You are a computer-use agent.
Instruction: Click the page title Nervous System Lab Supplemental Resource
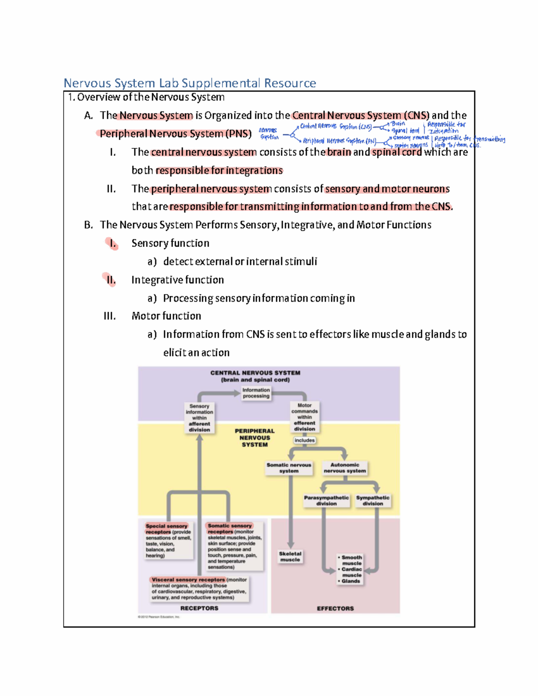(x=190, y=83)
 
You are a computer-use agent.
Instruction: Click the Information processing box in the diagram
(x=256, y=393)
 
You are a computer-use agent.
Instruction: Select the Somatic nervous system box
(x=289, y=468)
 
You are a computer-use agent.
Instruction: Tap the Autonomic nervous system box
(x=345, y=468)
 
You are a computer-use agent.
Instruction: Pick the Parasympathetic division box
(x=326, y=501)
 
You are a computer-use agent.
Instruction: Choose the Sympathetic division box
(x=373, y=501)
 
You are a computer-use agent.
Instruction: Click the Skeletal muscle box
(x=290, y=557)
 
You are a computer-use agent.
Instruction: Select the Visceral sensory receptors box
(x=199, y=588)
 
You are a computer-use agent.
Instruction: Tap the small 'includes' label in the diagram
(x=304, y=440)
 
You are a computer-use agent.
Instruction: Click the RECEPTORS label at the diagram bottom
(x=199, y=608)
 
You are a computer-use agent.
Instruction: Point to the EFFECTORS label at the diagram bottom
(x=335, y=609)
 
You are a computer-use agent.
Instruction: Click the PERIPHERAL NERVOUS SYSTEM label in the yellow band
(x=255, y=438)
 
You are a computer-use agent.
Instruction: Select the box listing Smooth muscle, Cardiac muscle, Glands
(x=351, y=569)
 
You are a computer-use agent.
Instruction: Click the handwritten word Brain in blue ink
(x=398, y=124)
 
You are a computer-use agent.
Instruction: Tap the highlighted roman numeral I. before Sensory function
(x=112, y=243)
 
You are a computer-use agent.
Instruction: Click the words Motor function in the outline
(x=166, y=316)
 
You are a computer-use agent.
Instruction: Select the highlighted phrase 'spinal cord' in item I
(x=397, y=152)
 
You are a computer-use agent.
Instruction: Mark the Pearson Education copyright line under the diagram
(x=159, y=617)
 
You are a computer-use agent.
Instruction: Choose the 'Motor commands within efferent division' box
(x=304, y=417)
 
